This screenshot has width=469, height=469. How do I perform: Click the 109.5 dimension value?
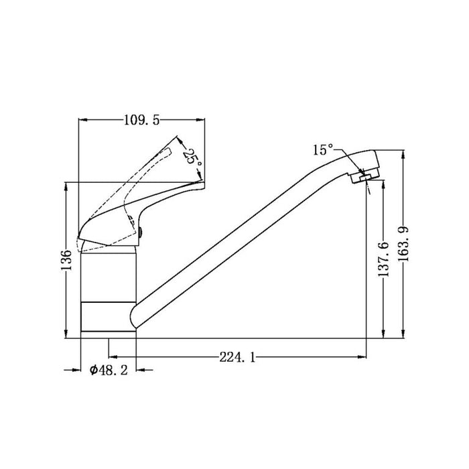(x=142, y=120)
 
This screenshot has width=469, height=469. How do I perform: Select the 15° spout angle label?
(x=323, y=149)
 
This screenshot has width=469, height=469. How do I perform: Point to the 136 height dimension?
(x=66, y=260)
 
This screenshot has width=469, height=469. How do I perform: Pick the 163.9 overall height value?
(x=404, y=245)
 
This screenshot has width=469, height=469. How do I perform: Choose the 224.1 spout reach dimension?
(x=237, y=357)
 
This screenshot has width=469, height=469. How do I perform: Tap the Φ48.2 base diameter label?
(x=109, y=371)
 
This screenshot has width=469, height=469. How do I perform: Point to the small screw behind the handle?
(x=140, y=232)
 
